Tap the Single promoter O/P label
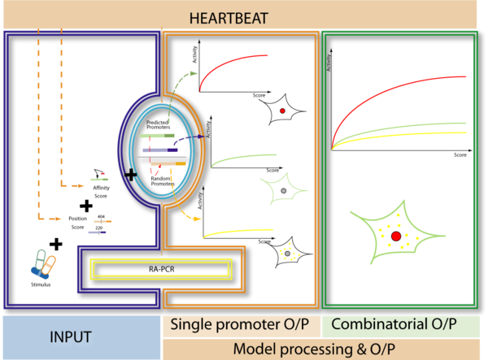239,325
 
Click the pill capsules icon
44,263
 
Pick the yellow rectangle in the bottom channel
159,267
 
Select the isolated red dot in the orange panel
282,111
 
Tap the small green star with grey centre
282,190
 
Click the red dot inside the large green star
396,236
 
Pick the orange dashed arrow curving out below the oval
189,216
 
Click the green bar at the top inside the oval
157,137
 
